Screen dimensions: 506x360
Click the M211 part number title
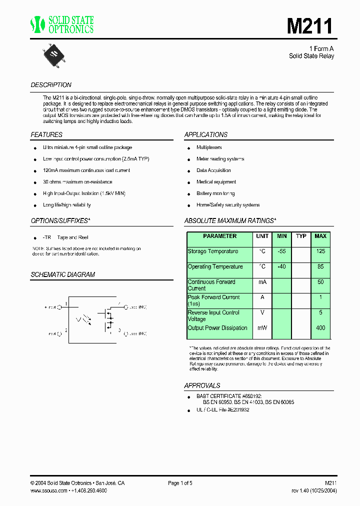pos(309,25)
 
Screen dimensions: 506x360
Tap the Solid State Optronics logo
pos(62,24)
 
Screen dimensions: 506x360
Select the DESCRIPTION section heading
pos(51,85)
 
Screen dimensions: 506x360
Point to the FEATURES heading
pos(46,134)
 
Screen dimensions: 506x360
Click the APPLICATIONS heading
pos(205,134)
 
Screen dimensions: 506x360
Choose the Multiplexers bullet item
pos(209,147)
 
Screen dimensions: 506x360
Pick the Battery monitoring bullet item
pos(215,193)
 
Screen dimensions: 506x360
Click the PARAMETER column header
pos(220,236)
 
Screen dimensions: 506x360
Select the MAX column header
pos(320,236)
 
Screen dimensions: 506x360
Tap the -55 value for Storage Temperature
pos(281,251)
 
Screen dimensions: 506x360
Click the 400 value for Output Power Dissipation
pos(320,328)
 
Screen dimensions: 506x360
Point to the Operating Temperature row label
pos(215,267)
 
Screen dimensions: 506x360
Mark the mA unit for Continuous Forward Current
pos(262,282)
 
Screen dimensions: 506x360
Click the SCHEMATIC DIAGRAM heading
pos(62,274)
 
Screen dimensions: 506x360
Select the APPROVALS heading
pos(202,385)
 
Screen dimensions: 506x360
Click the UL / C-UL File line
pos(222,409)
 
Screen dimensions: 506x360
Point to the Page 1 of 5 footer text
pos(180,483)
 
